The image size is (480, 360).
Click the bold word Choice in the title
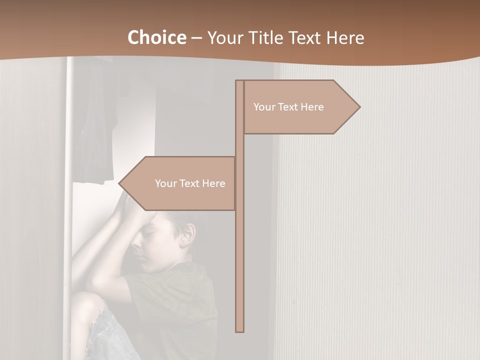click(156, 37)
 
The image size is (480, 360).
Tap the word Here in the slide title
click(345, 37)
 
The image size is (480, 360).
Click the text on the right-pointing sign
click(288, 107)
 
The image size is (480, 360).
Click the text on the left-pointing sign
click(190, 183)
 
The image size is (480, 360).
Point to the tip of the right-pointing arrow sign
click(359, 106)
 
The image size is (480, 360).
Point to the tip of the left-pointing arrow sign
click(119, 183)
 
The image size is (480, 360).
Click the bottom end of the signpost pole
click(239, 330)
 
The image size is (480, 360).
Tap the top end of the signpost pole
click(239, 81)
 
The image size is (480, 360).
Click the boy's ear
click(188, 234)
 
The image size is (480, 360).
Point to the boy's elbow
click(95, 280)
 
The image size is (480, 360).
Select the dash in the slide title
click(196, 37)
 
